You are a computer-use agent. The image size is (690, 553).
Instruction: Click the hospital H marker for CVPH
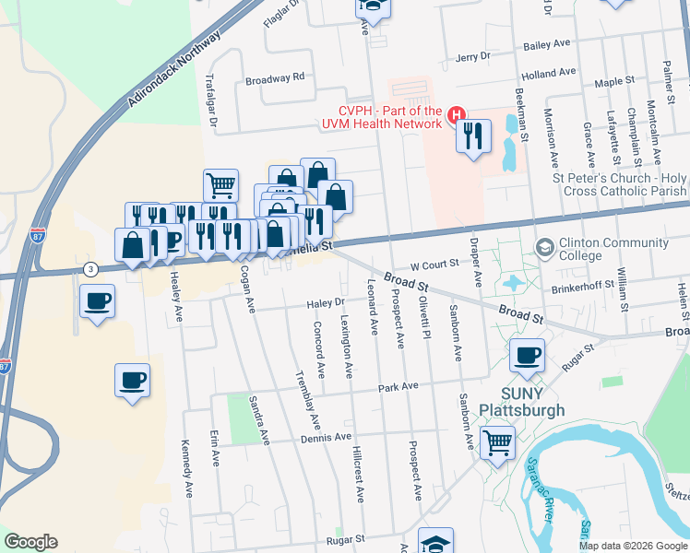[x=455, y=115]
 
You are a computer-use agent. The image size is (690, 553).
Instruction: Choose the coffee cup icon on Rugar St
[x=528, y=356]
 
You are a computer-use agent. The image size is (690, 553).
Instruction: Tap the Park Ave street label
[x=398, y=387]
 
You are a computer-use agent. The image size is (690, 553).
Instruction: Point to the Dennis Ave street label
[x=327, y=438]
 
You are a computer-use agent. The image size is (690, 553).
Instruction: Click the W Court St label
[x=434, y=265]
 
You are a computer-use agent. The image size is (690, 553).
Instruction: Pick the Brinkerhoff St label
[x=583, y=287]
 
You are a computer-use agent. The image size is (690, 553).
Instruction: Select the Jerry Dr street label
[x=472, y=57]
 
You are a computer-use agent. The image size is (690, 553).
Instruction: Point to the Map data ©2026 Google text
[x=632, y=546]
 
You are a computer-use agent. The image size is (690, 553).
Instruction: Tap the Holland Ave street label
[x=548, y=72]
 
